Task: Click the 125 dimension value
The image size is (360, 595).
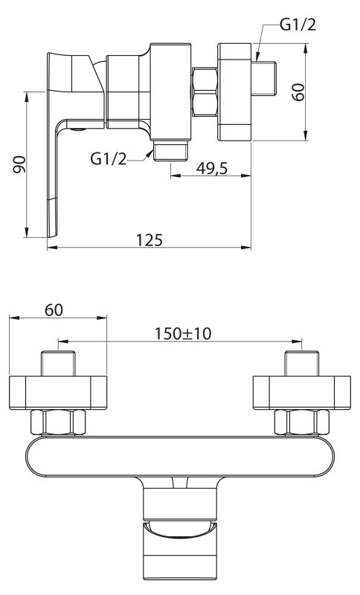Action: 149,239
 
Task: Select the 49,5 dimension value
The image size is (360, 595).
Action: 212,168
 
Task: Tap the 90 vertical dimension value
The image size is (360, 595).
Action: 19,164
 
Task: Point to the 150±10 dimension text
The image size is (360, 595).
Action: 183,333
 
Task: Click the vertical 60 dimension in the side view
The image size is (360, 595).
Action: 298,91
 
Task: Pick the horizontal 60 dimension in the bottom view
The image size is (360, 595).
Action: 54,310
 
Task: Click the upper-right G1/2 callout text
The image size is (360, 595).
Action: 298,25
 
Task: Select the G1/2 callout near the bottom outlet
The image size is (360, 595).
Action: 109,158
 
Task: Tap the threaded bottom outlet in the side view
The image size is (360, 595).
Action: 171,151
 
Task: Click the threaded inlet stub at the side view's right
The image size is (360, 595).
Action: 264,80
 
